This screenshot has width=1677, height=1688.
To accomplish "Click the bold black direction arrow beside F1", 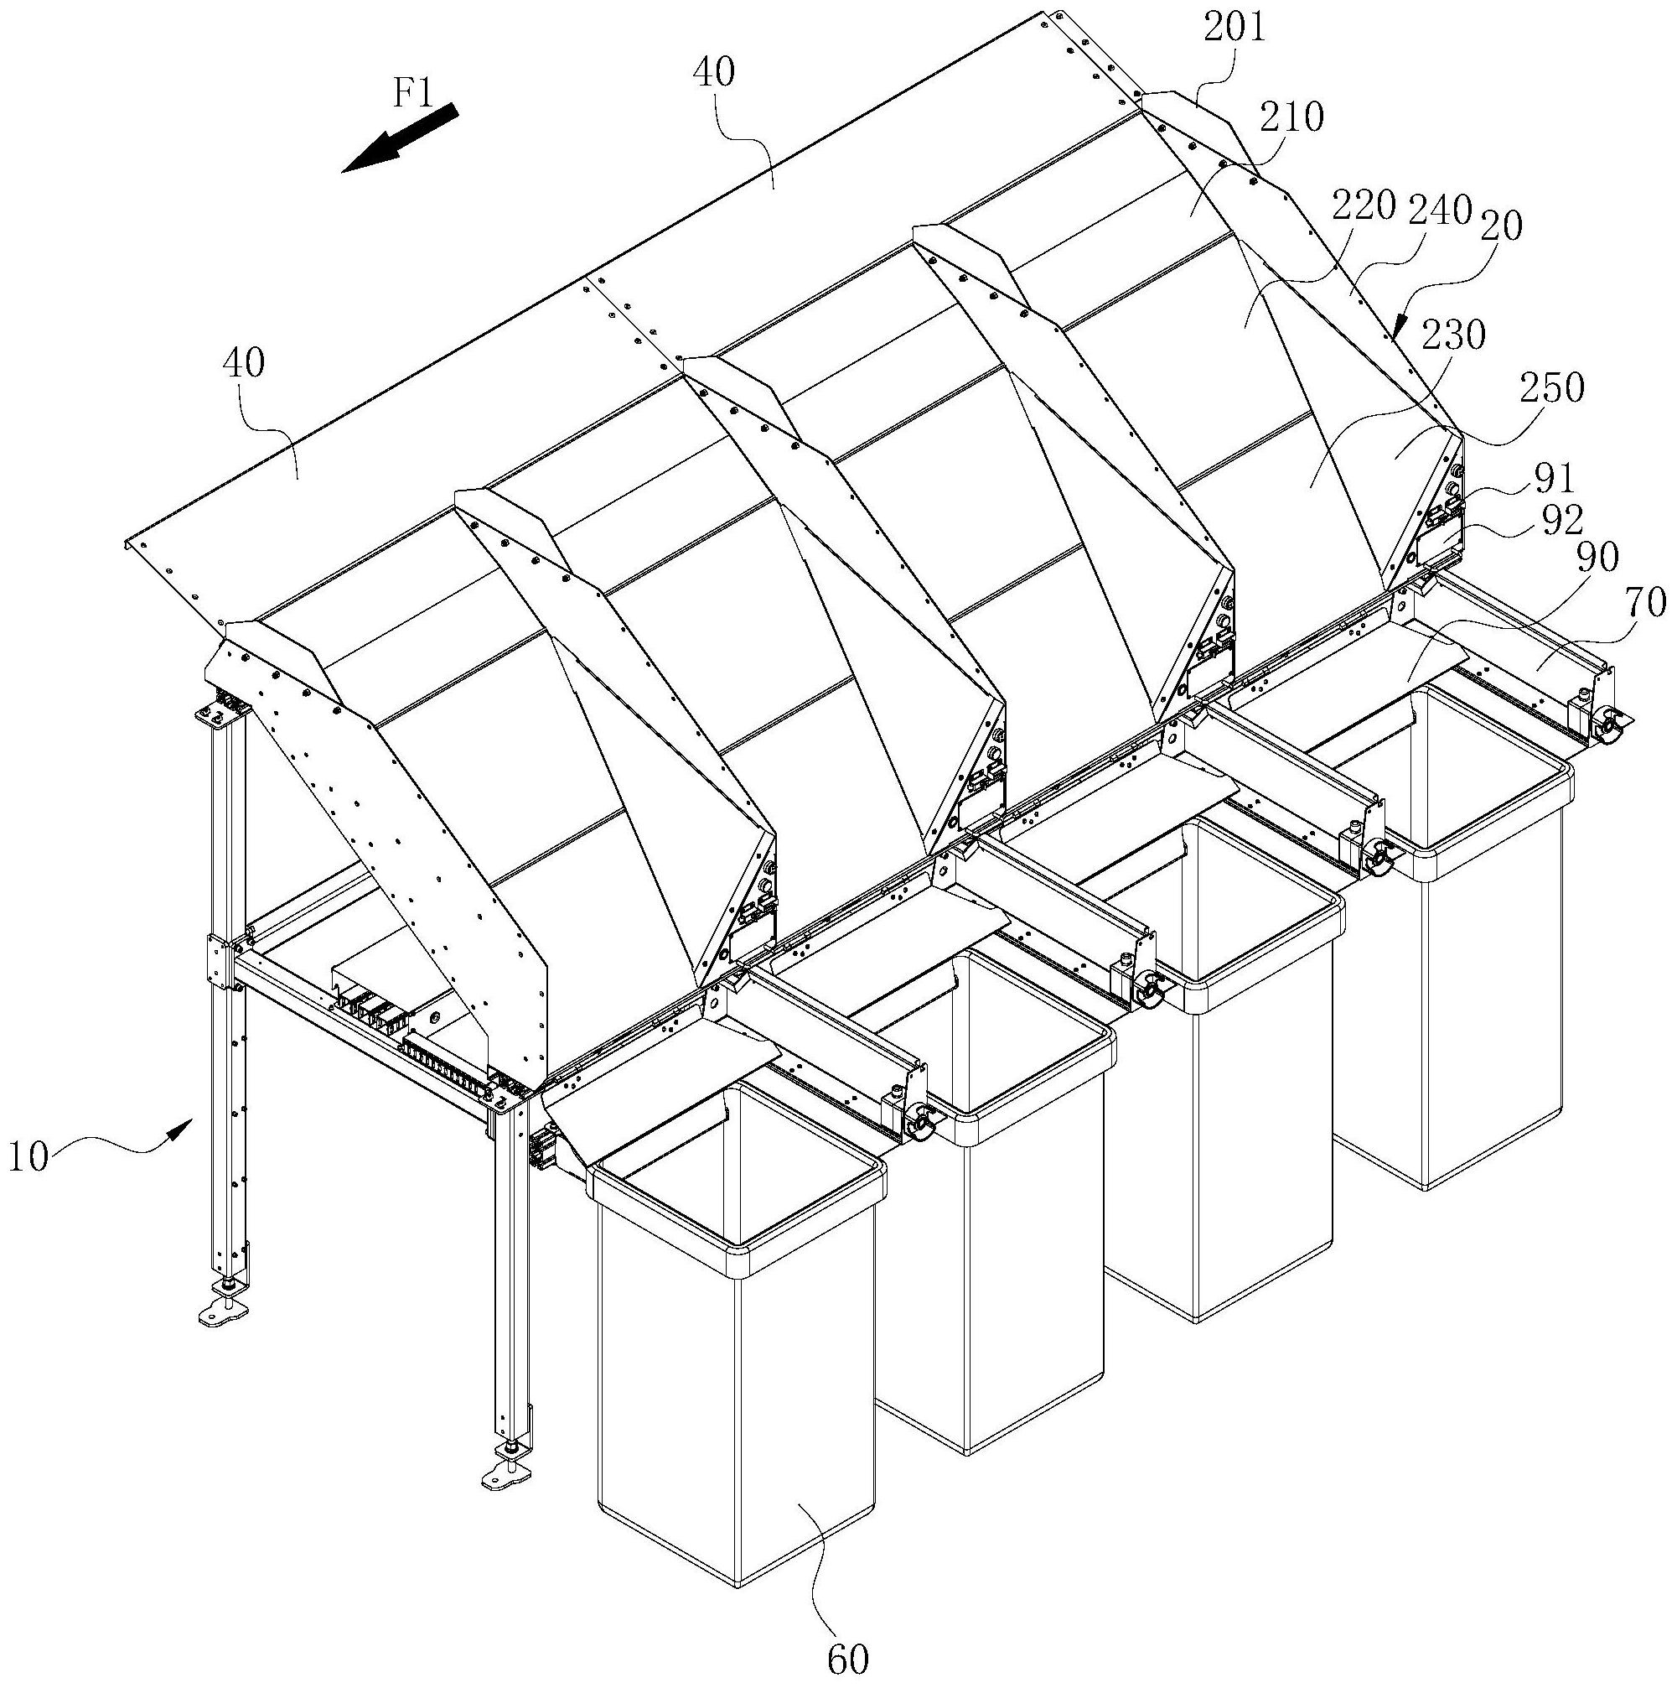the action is point(399,138).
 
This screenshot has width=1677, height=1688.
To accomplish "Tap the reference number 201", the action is point(1234,28).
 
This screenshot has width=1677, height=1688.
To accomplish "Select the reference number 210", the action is point(1292,117).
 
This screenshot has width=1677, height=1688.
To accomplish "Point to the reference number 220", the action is point(1366,207).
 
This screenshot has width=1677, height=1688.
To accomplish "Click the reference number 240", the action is point(1441,210).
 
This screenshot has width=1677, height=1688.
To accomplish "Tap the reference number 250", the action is point(1552,388).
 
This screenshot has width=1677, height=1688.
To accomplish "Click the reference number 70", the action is point(1645,601).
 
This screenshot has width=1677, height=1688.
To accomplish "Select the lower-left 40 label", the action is point(243,362).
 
